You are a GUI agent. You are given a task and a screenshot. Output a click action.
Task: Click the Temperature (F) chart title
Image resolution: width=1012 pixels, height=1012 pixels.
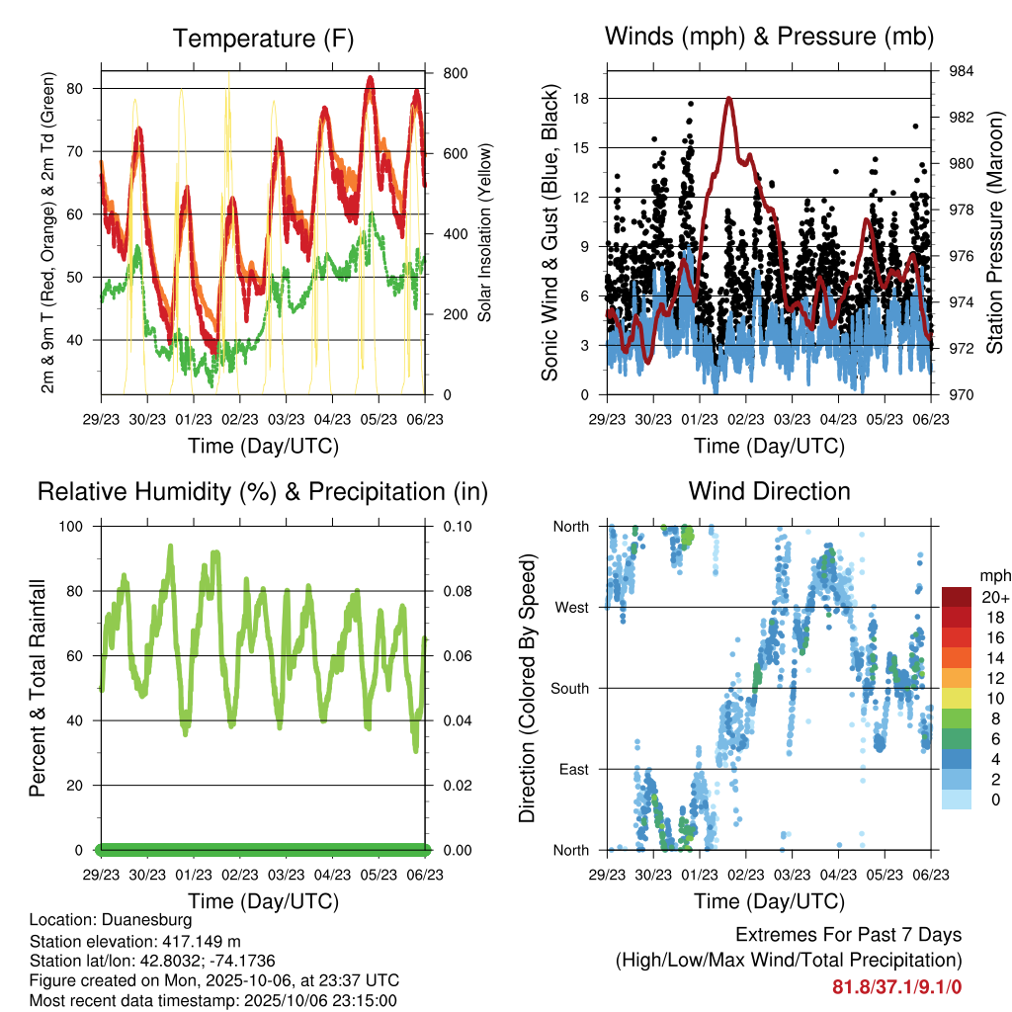[x=263, y=39]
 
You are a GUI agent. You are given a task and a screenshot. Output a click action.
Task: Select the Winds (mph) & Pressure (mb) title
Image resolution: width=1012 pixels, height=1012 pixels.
[x=769, y=38]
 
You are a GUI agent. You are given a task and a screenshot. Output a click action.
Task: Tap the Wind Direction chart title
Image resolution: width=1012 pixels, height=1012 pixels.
[x=769, y=490]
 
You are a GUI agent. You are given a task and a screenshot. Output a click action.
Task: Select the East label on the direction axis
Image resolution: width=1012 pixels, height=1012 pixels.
[x=572, y=769]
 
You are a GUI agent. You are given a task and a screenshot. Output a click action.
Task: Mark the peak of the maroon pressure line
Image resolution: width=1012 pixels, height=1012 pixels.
[x=729, y=98]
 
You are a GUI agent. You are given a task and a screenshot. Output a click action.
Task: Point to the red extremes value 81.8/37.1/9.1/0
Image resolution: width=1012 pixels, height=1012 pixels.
[x=896, y=986]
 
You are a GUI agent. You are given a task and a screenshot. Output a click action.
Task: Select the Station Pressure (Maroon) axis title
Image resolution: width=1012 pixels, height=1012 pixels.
[x=995, y=232]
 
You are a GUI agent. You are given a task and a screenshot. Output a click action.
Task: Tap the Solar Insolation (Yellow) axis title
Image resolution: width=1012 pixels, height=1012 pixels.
[x=485, y=232]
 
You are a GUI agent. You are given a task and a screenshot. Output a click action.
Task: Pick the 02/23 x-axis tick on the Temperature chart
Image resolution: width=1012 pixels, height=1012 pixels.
[x=240, y=418]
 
